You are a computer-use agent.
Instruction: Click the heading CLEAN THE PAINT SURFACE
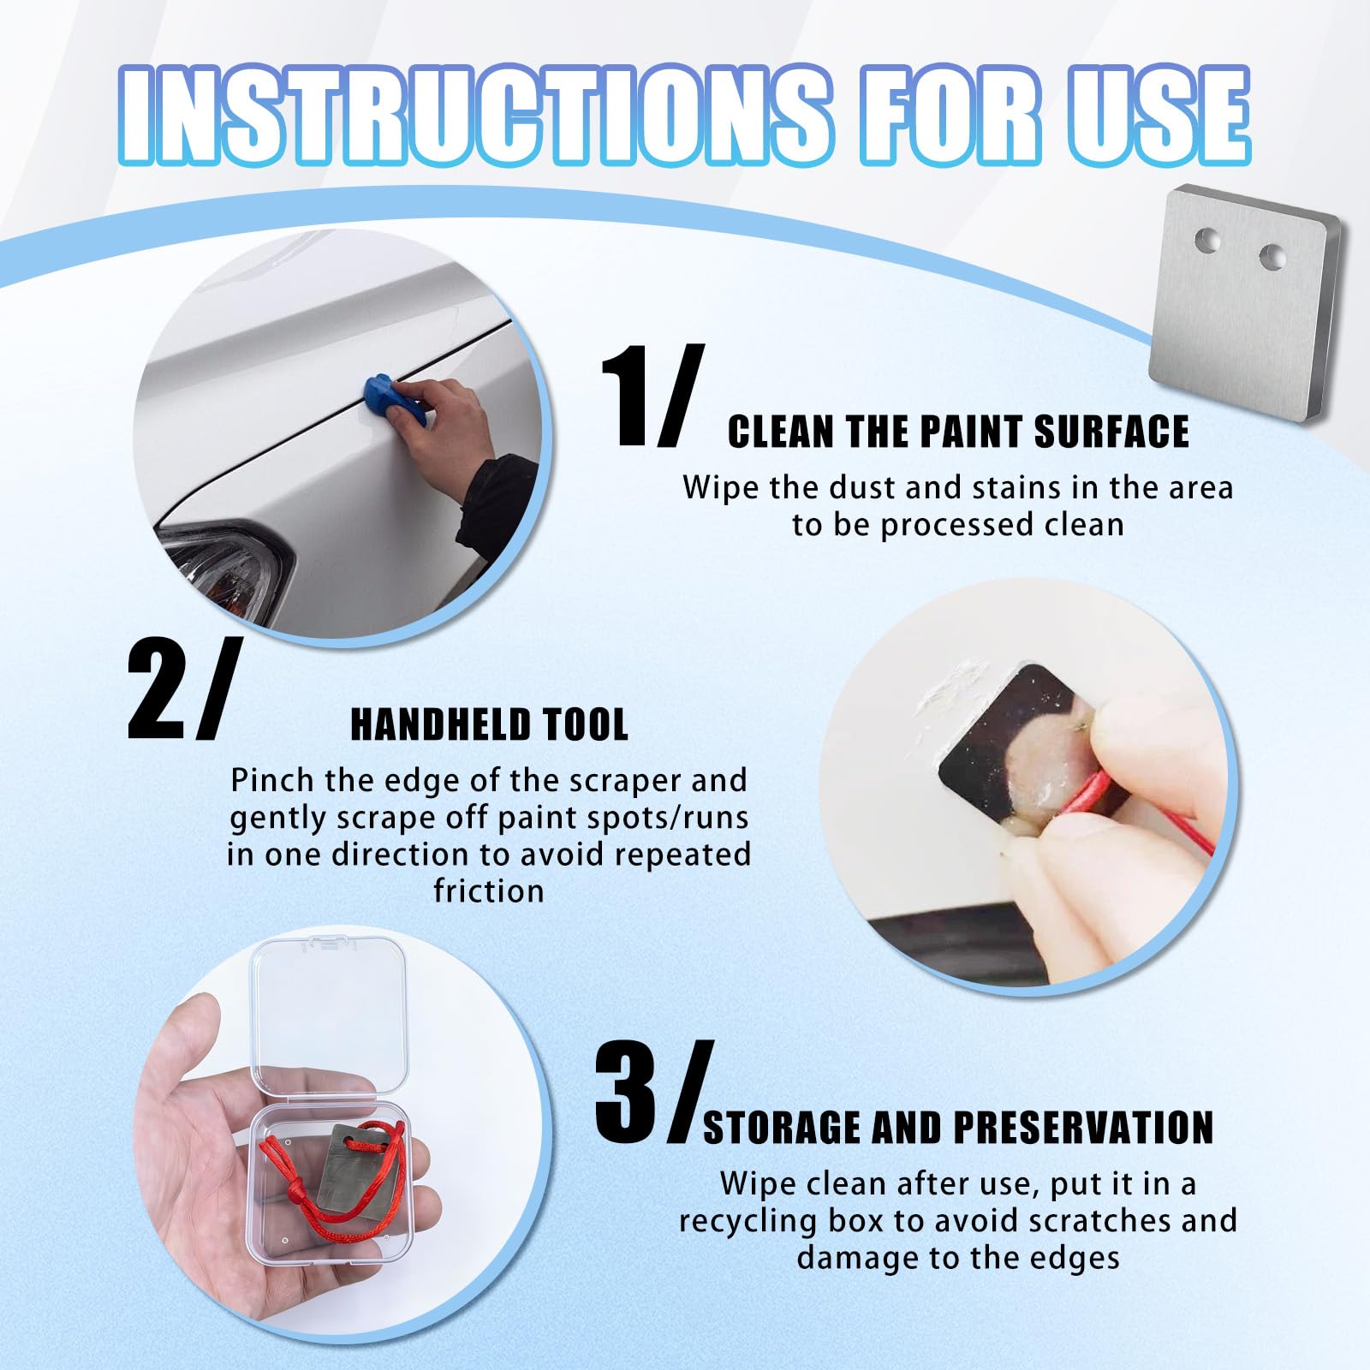tap(958, 432)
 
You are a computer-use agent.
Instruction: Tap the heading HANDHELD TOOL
tap(489, 724)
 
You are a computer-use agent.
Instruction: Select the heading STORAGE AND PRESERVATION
tap(958, 1127)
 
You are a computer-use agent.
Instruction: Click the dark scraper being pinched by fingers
tap(1010, 753)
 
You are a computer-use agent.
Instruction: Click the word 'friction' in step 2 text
tap(489, 890)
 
